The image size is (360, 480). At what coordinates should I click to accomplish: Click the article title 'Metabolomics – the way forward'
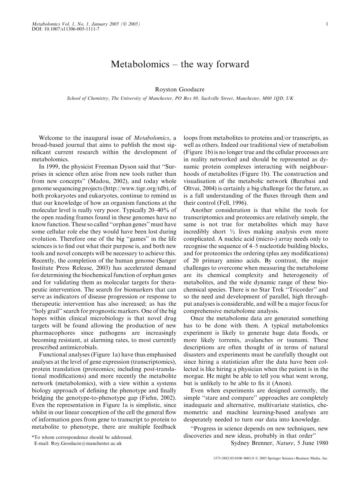tap(180, 64)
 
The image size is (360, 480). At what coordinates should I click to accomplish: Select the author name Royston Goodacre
tap(180, 90)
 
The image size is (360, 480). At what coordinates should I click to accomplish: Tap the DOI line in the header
tap(65, 30)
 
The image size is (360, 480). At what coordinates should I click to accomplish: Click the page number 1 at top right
tap(327, 24)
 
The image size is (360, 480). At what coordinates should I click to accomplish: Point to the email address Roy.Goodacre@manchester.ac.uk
tap(86, 443)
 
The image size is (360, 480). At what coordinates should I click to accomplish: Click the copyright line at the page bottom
tap(270, 459)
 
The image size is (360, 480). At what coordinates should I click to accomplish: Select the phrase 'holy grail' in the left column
tap(47, 311)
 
